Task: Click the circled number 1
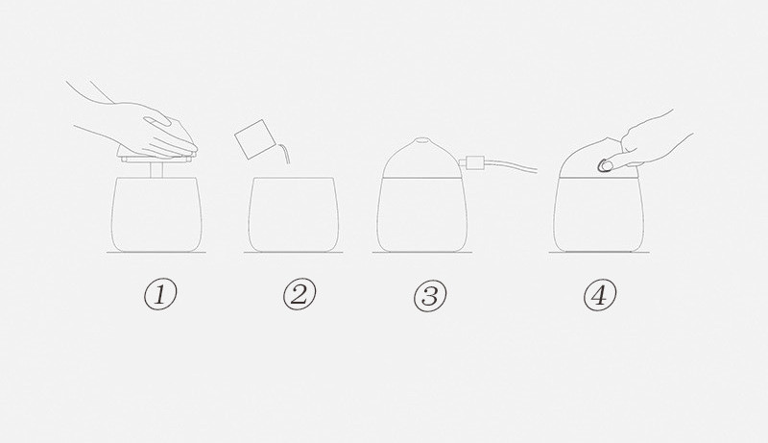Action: pos(160,294)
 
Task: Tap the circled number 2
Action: pos(300,294)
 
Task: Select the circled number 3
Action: pos(430,296)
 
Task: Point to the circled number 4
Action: pos(600,295)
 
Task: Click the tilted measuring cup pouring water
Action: pos(252,139)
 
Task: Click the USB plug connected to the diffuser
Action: pos(473,162)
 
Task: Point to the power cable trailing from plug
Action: pos(511,164)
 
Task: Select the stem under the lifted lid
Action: pos(156,168)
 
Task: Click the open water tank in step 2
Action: pos(294,214)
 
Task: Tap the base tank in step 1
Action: pos(156,214)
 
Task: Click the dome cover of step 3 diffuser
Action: pos(421,158)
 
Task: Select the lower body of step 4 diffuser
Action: pos(598,214)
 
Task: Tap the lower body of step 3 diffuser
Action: pos(421,214)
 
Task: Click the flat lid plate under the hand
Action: pos(156,157)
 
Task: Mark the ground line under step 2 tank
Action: pos(294,253)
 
